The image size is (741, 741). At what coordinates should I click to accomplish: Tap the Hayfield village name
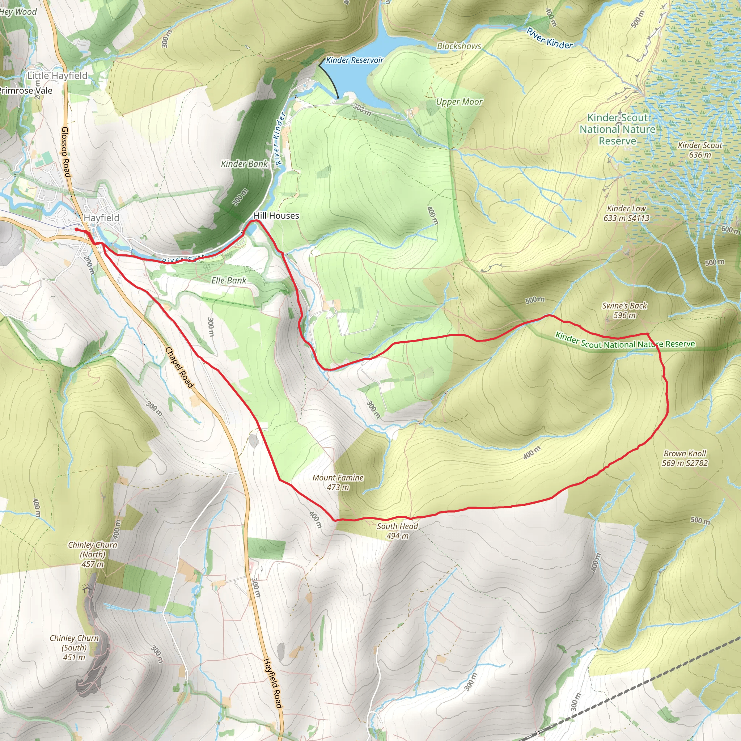click(x=102, y=217)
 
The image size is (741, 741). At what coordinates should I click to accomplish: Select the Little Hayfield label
click(x=57, y=76)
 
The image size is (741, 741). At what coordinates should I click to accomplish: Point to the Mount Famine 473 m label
click(x=338, y=482)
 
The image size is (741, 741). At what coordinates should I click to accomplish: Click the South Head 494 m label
click(x=397, y=531)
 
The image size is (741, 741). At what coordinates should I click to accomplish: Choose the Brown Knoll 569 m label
click(x=685, y=458)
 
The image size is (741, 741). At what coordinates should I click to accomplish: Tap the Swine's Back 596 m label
click(x=624, y=310)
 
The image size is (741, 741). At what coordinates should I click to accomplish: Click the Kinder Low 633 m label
click(x=626, y=213)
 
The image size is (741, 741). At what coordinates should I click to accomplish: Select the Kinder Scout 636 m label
click(x=700, y=150)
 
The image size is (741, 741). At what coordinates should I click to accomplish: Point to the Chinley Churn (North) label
click(x=92, y=554)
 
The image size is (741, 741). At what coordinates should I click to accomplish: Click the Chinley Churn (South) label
click(x=74, y=647)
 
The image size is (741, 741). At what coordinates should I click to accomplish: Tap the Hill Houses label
click(x=276, y=216)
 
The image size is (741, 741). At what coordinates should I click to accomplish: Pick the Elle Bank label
click(x=229, y=280)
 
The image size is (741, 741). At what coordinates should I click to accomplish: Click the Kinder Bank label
click(x=244, y=164)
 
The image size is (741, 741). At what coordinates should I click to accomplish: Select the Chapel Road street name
click(x=179, y=368)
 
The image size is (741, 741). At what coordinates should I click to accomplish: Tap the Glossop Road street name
click(x=66, y=152)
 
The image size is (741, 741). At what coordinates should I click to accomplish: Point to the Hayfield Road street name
click(x=273, y=683)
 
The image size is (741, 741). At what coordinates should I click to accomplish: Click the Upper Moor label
click(x=459, y=102)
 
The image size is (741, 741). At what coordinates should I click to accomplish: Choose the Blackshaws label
click(x=459, y=46)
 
